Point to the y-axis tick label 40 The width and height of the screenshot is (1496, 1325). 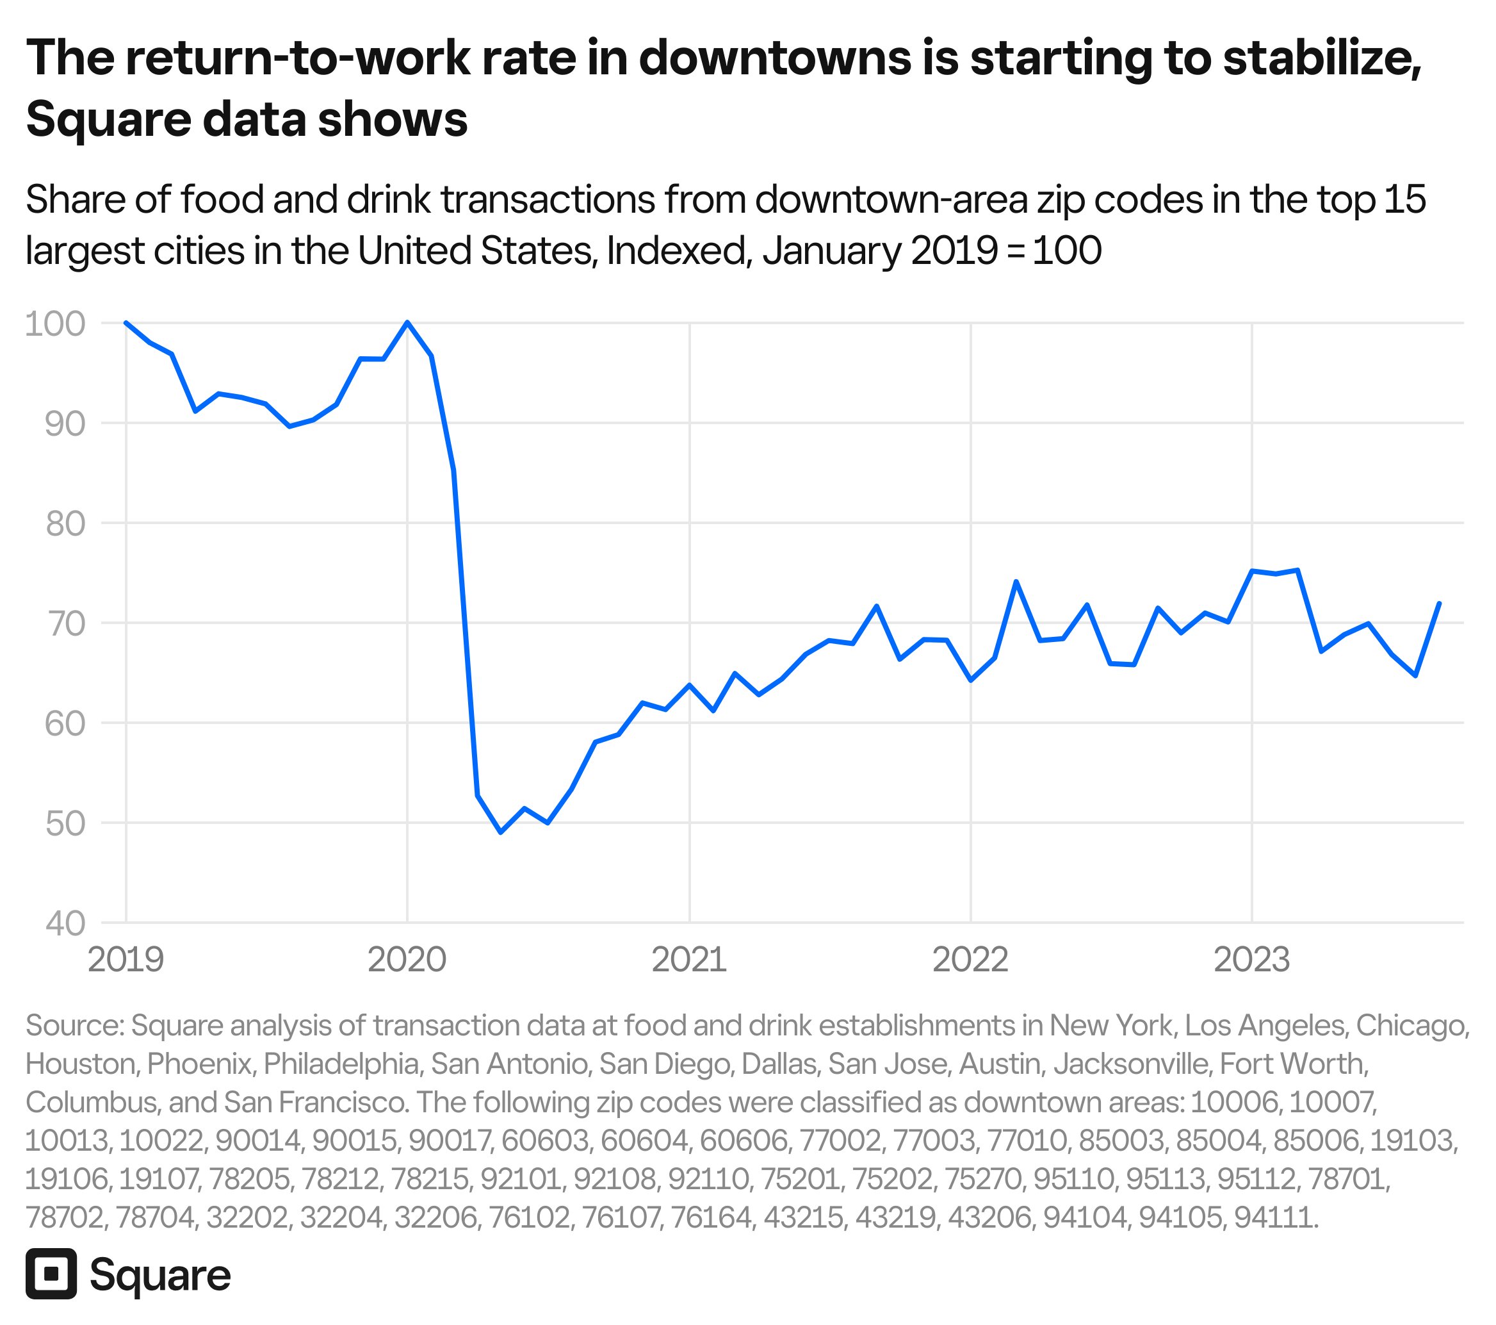[x=65, y=924]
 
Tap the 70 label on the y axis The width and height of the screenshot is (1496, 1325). [x=65, y=623]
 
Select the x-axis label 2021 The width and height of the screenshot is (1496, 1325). [x=688, y=960]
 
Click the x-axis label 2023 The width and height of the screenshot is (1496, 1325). [x=1251, y=960]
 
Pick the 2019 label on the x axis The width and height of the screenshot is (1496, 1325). [x=126, y=960]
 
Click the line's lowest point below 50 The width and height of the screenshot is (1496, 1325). [x=501, y=832]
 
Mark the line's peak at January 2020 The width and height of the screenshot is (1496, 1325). [x=408, y=322]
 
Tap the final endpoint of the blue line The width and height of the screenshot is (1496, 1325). [x=1440, y=603]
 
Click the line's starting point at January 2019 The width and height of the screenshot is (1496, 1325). [x=126, y=322]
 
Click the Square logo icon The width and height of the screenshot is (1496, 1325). [x=51, y=1274]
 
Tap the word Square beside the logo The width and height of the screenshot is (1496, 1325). [x=159, y=1275]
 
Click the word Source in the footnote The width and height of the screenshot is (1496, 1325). [x=74, y=1026]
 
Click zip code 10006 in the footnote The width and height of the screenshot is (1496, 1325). [x=1235, y=1102]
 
